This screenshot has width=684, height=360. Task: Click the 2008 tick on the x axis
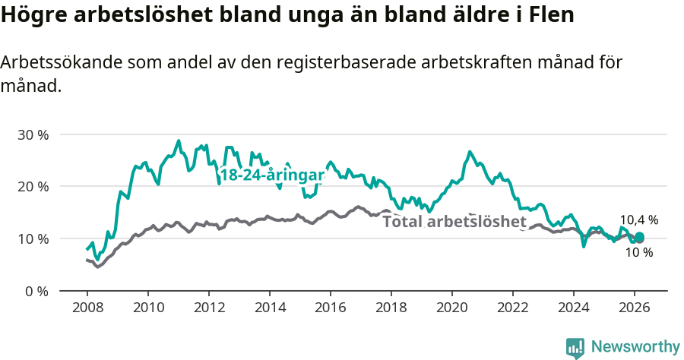pyautogui.click(x=87, y=309)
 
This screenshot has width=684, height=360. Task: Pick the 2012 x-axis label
pyautogui.click(x=209, y=309)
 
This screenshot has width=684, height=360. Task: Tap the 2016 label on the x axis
pyautogui.click(x=331, y=309)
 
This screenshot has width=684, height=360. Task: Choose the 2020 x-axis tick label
pyautogui.click(x=452, y=309)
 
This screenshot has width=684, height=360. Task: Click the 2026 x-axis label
pyautogui.click(x=635, y=309)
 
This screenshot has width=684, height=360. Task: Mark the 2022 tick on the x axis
pyautogui.click(x=513, y=309)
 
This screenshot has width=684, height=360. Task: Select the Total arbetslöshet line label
pyautogui.click(x=454, y=222)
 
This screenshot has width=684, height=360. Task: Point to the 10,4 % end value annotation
pyautogui.click(x=638, y=220)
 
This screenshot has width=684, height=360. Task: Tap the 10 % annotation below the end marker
pyautogui.click(x=639, y=252)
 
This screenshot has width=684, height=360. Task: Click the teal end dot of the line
pyautogui.click(x=639, y=237)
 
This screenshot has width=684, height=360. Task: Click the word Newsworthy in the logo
pyautogui.click(x=635, y=347)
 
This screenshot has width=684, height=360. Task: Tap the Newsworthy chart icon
pyautogui.click(x=575, y=348)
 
